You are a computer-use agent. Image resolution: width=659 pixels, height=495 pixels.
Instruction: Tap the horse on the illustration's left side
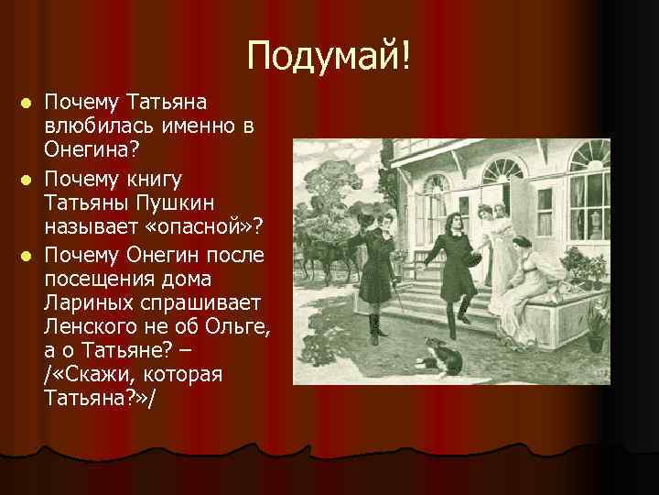(x=320, y=251)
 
